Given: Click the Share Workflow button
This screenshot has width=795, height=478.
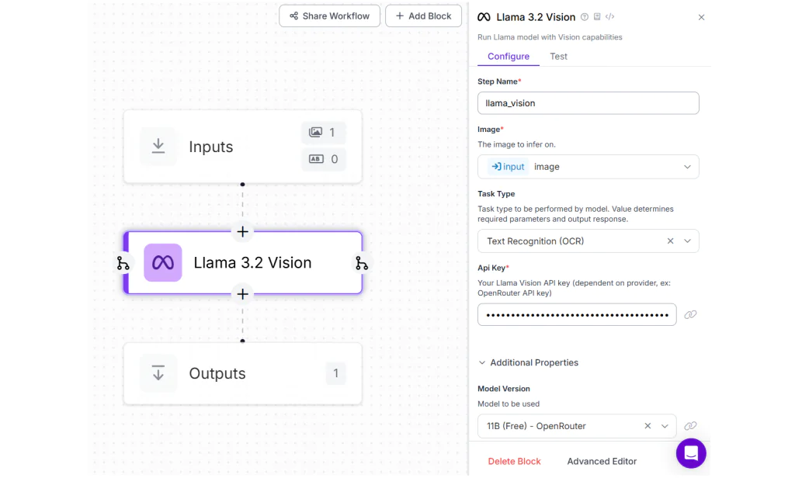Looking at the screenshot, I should click(x=329, y=16).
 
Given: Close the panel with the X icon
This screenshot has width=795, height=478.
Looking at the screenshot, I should click(x=701, y=17).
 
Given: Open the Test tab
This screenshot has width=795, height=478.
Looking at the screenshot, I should click(x=558, y=57).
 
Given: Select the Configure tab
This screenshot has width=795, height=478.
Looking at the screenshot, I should click(x=508, y=57).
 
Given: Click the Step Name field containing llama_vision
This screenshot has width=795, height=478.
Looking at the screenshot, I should click(x=588, y=103).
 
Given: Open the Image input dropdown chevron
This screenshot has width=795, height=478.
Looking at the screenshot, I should click(x=687, y=167).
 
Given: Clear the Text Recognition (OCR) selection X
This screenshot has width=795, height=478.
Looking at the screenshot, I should click(x=670, y=241).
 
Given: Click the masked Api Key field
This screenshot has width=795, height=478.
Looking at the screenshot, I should click(x=576, y=315).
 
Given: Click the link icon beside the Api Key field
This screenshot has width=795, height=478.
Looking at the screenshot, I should click(x=690, y=315).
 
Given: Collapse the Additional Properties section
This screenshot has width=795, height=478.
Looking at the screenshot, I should click(x=482, y=362).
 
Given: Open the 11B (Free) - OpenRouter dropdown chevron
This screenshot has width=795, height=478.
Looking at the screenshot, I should click(x=665, y=426).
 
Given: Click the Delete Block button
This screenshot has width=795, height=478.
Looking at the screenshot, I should click(x=514, y=462).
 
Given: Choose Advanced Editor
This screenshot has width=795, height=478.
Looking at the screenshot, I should click(x=602, y=462).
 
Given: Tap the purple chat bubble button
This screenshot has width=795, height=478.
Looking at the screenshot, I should click(x=690, y=453).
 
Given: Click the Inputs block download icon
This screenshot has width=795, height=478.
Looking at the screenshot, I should click(x=158, y=147).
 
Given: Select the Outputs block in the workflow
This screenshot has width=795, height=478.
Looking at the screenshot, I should click(x=242, y=373).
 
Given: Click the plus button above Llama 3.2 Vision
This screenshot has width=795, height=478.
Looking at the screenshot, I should click(x=242, y=232).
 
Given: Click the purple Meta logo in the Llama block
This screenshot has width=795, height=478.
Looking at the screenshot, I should click(x=163, y=263).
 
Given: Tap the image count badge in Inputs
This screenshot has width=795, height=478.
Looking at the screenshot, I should click(x=323, y=133).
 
